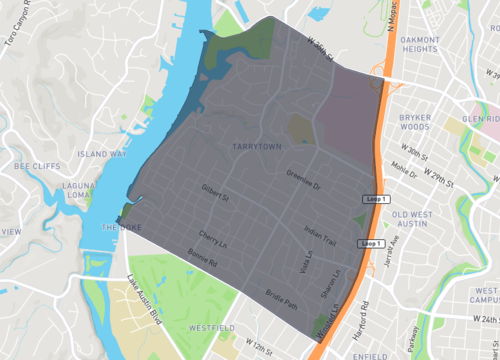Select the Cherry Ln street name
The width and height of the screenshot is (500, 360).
pos(214,239)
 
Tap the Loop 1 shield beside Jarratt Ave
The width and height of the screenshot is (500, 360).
pos(371,243)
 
